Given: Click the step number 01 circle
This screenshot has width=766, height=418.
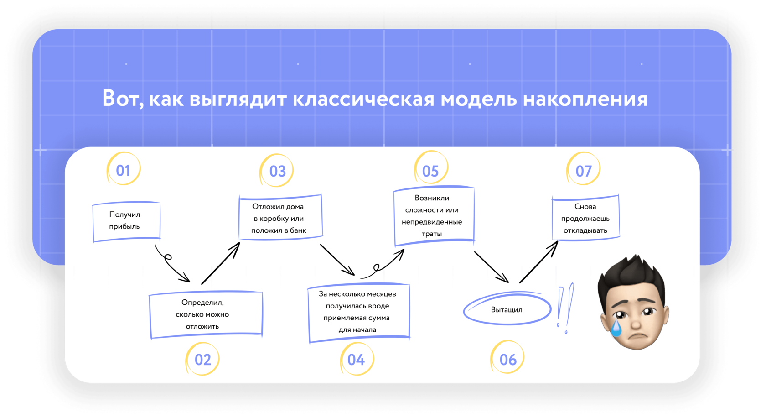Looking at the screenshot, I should coord(124,170).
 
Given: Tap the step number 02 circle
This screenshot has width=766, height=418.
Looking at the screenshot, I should coord(203,359).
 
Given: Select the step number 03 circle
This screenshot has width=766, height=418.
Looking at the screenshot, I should coord(277,171).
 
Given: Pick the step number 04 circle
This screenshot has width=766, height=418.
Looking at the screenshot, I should coord(356,359).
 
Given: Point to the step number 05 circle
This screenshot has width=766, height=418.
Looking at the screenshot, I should coord(430,171).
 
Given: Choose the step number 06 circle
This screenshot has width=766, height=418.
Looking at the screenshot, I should coord(508,359).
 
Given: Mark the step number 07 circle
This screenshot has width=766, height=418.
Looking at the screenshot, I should coord(584,171).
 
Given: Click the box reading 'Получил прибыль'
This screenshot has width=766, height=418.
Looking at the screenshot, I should coord(126,221).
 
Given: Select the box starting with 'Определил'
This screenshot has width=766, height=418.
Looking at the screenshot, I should coord(206,314).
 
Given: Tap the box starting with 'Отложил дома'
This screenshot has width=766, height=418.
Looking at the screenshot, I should coord(279,218).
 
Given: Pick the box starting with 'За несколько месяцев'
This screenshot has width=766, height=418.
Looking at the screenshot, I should coord(358,312).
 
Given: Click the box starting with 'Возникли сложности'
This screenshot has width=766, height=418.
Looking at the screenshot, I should coord(433,215).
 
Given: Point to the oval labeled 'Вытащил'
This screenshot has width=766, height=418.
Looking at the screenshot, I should coord(507,309).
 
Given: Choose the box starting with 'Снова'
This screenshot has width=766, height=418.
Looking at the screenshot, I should coord(585,218).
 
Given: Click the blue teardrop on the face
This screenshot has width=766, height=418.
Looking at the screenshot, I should coord(616,328).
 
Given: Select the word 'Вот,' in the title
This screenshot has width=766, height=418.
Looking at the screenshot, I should coord(123,99).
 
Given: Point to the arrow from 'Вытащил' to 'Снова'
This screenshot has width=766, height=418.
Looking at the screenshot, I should coord(538,262).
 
